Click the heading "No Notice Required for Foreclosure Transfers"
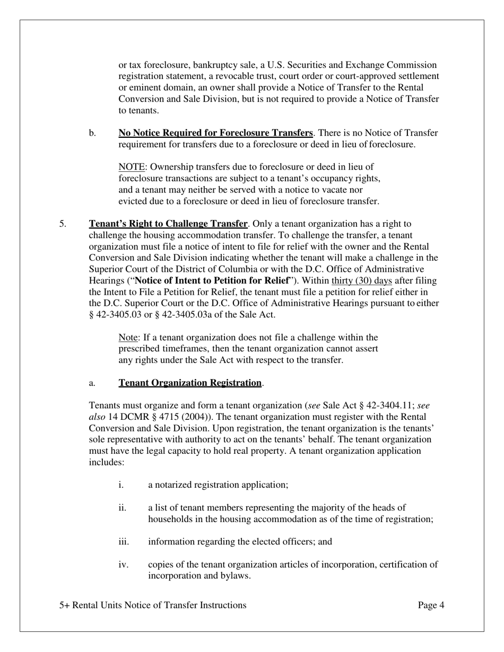pyautogui.click(x=215, y=133)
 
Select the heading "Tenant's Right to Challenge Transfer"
pyautogui.click(x=168, y=224)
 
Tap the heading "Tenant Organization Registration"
pyautogui.click(x=190, y=383)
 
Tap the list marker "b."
pyautogui.click(x=93, y=133)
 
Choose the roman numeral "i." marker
pyautogui.click(x=121, y=485)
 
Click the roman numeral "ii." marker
pyautogui.click(x=123, y=508)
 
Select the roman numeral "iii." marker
pyautogui.click(x=124, y=542)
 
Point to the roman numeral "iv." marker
pyautogui.click(x=123, y=565)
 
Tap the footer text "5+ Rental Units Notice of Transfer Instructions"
pyautogui.click(x=153, y=605)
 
